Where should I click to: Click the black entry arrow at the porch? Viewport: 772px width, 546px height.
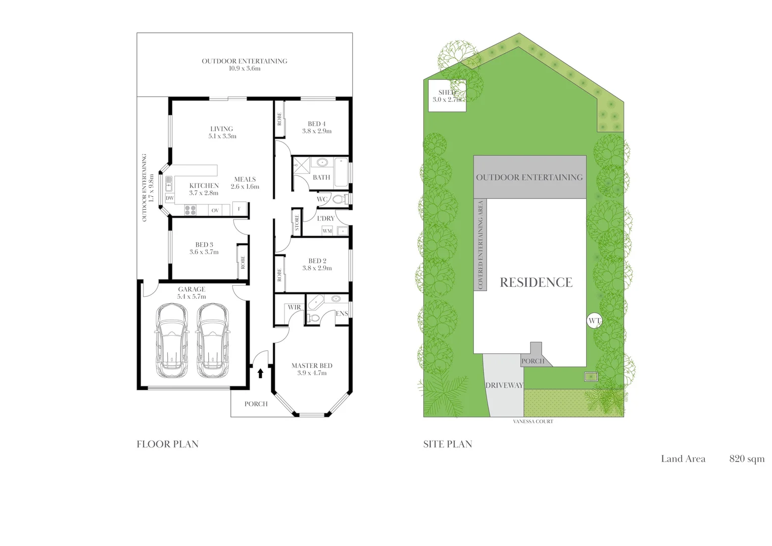[261, 373]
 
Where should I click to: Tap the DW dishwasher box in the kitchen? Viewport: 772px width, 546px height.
[170, 198]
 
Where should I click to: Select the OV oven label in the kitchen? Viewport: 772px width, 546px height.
[215, 210]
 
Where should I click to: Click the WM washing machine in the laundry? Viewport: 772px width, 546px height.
[327, 231]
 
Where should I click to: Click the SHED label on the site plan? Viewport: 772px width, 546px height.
[447, 93]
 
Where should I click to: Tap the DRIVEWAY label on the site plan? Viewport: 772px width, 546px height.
[504, 385]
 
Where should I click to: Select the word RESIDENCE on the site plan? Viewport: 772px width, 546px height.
[536, 283]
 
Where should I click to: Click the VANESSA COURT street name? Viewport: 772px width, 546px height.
[533, 422]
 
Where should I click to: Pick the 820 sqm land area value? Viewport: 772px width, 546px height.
[747, 459]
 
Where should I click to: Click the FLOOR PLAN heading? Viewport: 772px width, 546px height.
[168, 444]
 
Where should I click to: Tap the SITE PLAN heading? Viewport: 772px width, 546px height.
[448, 444]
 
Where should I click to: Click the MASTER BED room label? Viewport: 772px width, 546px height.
[312, 366]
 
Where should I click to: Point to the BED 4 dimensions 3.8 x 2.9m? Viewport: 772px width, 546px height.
[317, 131]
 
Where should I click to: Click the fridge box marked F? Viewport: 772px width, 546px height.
[239, 209]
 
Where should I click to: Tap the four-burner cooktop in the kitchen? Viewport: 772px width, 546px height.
[190, 210]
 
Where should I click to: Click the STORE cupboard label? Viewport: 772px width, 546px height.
[297, 223]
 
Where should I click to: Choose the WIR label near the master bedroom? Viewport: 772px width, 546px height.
[295, 307]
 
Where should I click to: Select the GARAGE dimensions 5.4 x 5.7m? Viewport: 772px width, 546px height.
[191, 297]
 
